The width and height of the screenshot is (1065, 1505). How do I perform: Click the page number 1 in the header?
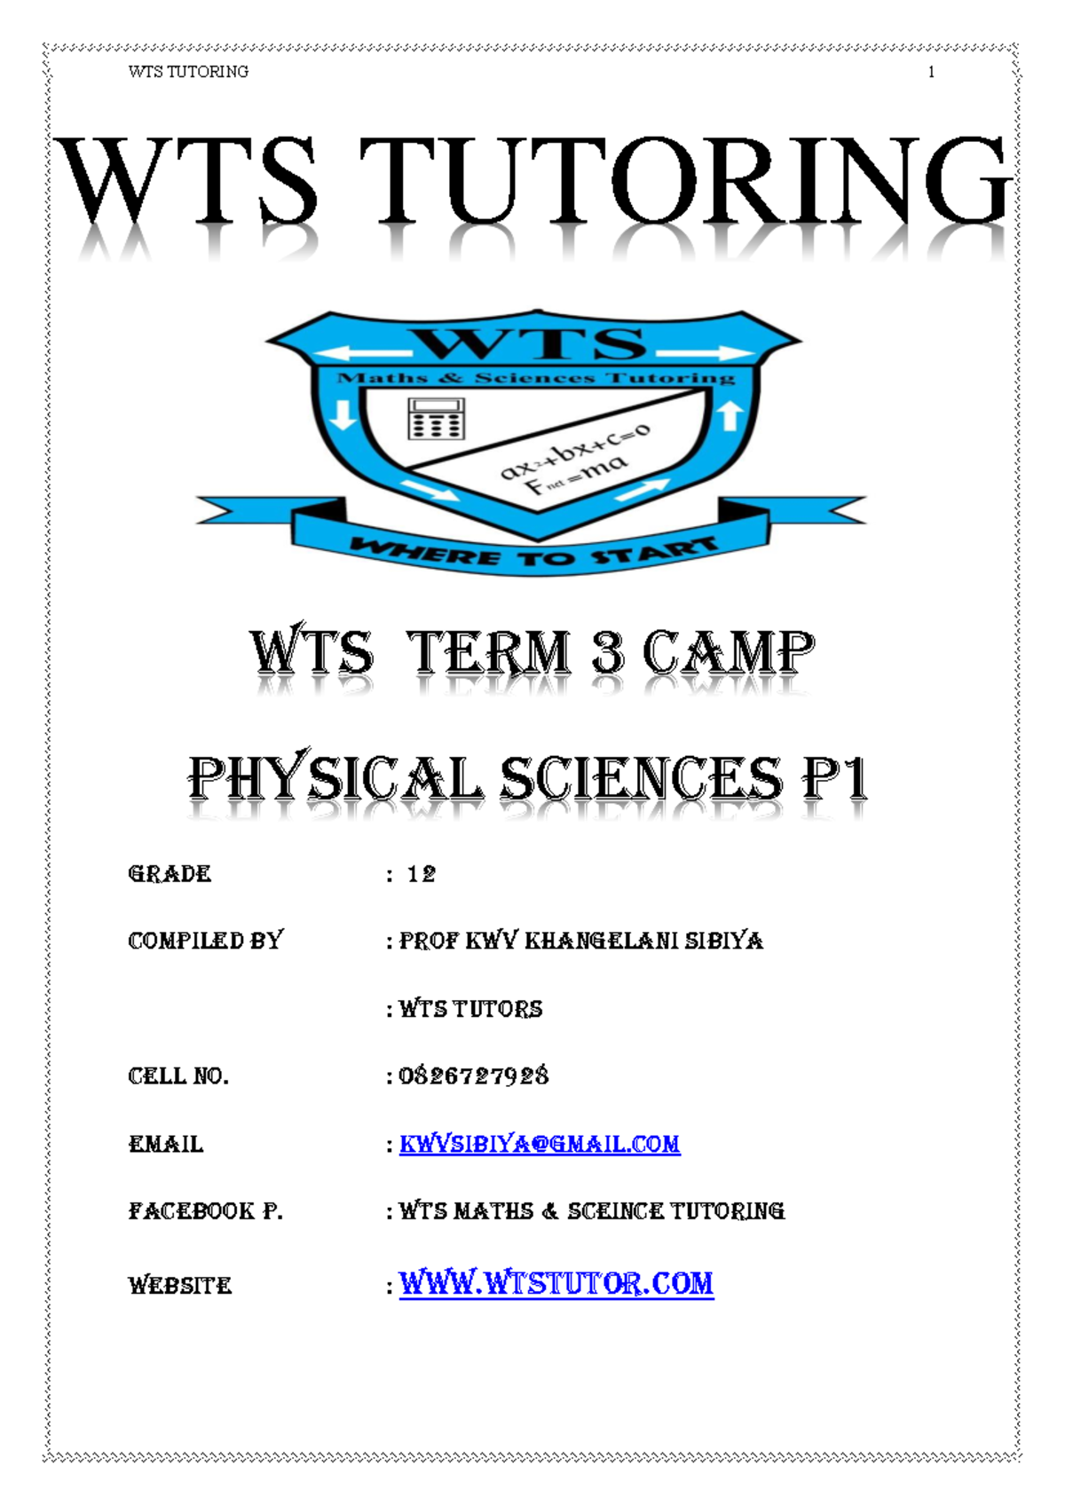click(x=931, y=72)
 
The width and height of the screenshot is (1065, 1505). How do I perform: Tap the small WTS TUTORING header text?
click(x=188, y=72)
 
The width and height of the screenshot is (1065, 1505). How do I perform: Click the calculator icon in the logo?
click(x=435, y=418)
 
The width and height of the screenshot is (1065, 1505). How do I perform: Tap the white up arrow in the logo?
click(x=730, y=414)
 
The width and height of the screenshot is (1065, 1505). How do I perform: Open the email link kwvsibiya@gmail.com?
click(x=540, y=1144)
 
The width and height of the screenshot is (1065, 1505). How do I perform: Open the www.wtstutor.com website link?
click(x=556, y=1283)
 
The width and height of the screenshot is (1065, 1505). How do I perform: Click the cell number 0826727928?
click(x=474, y=1076)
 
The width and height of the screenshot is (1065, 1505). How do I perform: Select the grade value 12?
click(x=422, y=874)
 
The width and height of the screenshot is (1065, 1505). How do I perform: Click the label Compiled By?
click(x=205, y=941)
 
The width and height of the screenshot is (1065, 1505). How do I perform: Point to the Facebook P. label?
click(x=205, y=1211)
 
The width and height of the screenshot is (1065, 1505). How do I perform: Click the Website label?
click(x=180, y=1285)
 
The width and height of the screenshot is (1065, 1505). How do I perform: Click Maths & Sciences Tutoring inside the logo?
click(x=536, y=378)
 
